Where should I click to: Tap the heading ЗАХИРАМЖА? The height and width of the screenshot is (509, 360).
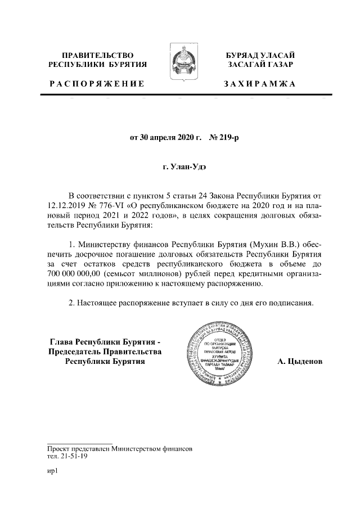[259, 84]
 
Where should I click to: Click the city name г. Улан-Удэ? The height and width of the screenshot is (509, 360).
[180, 167]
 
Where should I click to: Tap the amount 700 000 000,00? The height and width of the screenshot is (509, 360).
[74, 274]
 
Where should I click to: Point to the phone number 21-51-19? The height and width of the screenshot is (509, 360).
[73, 457]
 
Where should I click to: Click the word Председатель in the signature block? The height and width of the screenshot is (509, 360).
[79, 352]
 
